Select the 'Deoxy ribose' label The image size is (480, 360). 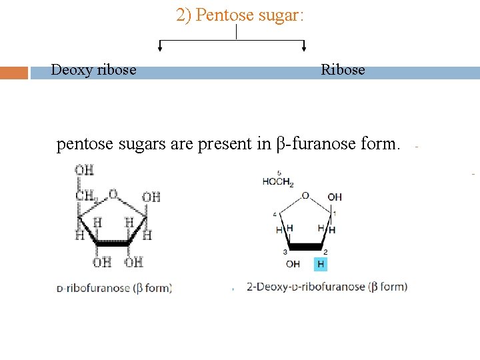pos(94,70)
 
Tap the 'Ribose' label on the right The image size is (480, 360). pos(343,70)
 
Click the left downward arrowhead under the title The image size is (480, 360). pos(159,47)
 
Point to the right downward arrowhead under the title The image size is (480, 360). pos(304,47)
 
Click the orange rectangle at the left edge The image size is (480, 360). pos(14,73)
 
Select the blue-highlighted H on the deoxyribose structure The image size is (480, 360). pos(321,265)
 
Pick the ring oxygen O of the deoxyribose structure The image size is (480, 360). pos(305,195)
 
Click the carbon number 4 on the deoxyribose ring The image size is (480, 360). pos(275,214)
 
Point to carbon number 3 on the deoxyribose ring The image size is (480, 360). pos(285,252)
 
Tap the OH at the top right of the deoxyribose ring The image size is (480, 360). pos(335,197)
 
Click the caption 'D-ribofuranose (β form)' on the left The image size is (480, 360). pos(115,288)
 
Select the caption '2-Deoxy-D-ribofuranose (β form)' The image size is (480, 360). pos(327,287)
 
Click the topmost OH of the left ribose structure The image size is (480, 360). pos(84,171)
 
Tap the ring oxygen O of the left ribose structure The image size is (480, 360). pos(113,195)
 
